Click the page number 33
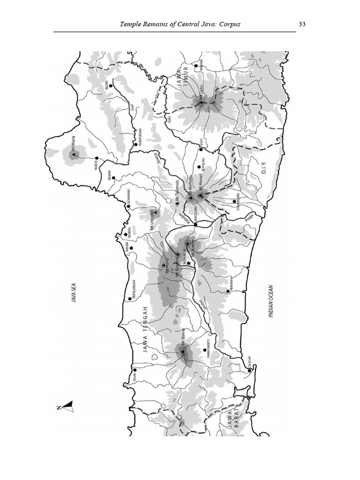[x=302, y=24]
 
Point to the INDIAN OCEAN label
[x=271, y=302]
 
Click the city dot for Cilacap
[x=249, y=370]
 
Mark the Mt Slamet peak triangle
[x=182, y=351]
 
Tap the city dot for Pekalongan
[x=129, y=299]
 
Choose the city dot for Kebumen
[x=228, y=291]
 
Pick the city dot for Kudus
[x=97, y=158]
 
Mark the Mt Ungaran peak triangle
[x=157, y=212]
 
